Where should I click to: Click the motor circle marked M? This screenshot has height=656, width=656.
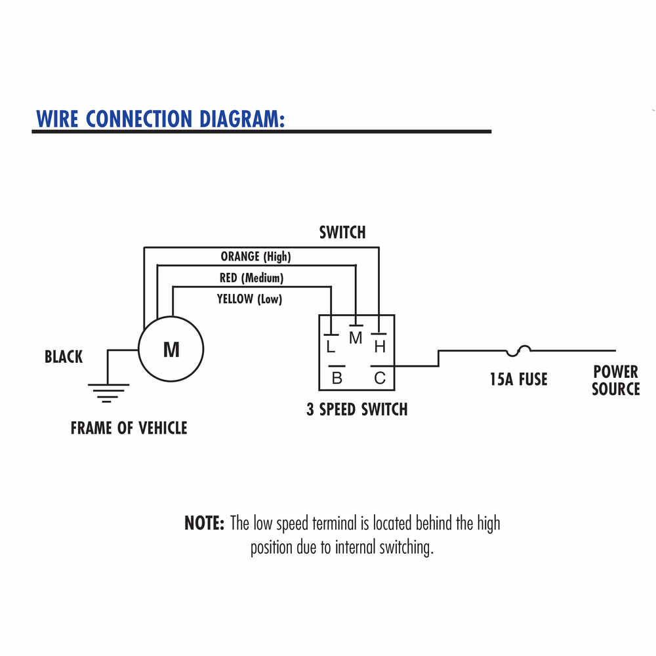171,350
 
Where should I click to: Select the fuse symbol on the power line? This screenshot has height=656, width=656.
523,350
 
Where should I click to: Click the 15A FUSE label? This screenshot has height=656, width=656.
518,379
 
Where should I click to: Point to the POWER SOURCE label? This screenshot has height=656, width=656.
615,380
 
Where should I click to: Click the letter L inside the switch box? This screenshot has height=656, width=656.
331,346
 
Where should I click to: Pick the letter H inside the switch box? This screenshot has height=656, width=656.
380,346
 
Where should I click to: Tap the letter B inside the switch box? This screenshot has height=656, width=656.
337,378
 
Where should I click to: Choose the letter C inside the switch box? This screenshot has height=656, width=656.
380,378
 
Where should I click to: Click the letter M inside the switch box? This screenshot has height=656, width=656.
356,338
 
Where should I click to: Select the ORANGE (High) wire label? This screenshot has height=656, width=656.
255,256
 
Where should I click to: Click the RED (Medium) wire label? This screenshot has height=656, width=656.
251,278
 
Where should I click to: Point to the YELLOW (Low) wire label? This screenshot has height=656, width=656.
249,299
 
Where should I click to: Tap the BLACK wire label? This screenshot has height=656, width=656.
64,357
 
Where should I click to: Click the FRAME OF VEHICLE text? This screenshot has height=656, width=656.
129,428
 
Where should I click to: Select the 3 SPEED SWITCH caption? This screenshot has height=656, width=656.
357,409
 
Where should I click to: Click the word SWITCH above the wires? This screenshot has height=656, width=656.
342,232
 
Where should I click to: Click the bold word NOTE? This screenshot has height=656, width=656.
205,523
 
